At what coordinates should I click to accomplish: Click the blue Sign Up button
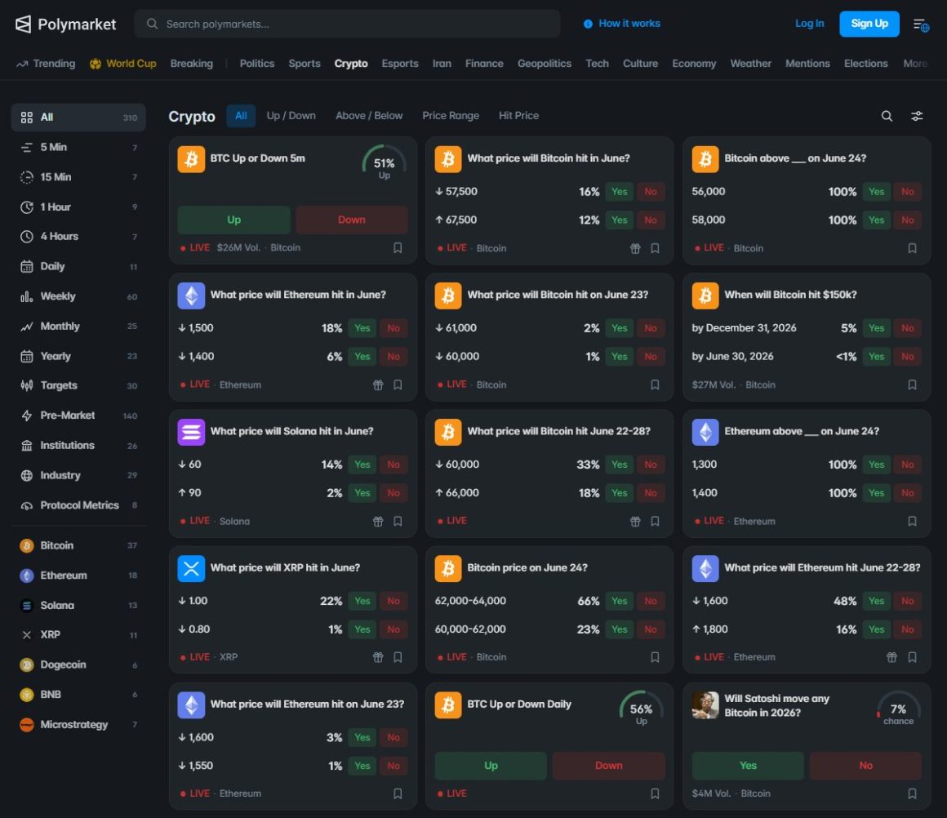[x=869, y=24]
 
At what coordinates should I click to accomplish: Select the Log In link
[x=809, y=24]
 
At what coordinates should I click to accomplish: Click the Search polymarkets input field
[x=347, y=24]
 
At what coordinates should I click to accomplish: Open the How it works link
[x=622, y=24]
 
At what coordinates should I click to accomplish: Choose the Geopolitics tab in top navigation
[x=545, y=64]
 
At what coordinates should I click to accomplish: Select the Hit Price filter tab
[x=518, y=115]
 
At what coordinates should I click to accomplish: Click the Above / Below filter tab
[x=369, y=115]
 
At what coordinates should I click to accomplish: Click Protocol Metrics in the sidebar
[x=78, y=505]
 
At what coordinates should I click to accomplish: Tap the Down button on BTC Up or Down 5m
[x=352, y=220]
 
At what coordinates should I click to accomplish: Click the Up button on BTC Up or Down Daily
[x=491, y=766]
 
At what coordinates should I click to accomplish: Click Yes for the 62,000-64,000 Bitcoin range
[x=619, y=601]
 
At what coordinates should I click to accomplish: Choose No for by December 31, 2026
[x=907, y=328]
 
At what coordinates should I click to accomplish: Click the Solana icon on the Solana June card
[x=191, y=432]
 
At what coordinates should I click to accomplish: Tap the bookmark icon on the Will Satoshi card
[x=912, y=794]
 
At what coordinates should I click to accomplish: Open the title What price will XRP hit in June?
[x=285, y=568]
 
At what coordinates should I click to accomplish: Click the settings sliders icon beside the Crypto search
[x=917, y=116]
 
